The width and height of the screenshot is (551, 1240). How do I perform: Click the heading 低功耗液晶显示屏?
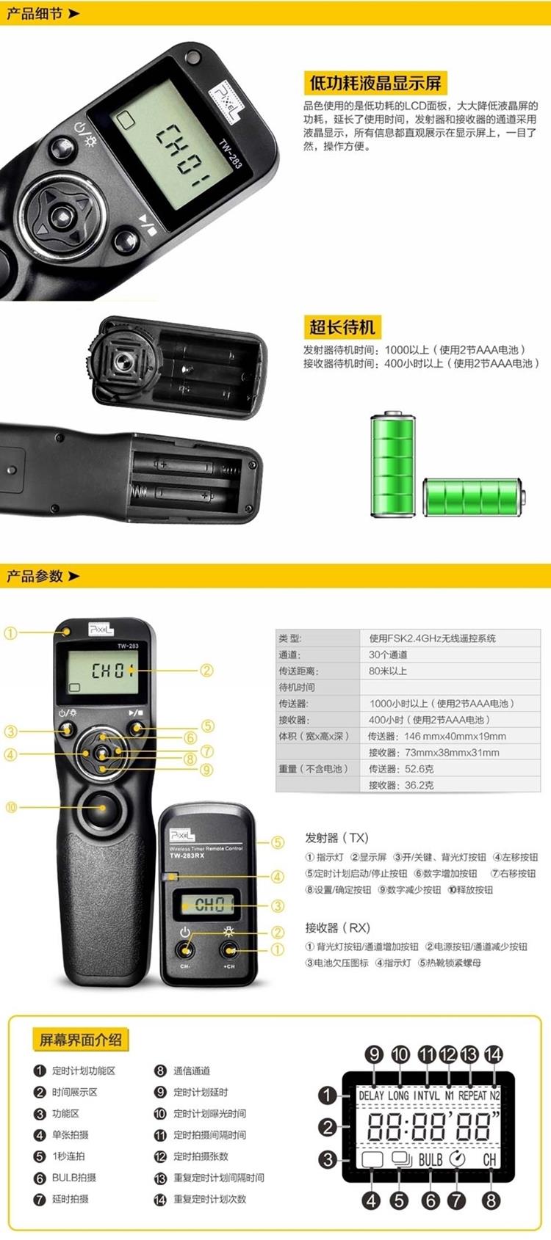[x=376, y=84]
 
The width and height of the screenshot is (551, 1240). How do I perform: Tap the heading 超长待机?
[x=342, y=327]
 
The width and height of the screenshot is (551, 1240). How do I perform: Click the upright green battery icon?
[x=392, y=464]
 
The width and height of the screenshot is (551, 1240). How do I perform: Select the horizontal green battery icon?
[x=474, y=497]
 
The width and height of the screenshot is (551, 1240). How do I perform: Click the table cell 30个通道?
[x=388, y=654]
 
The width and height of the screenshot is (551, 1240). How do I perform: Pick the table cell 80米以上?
[x=388, y=671]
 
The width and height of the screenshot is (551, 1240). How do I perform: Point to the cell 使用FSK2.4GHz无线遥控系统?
[x=433, y=638]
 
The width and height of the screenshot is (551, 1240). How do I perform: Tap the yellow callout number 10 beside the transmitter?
[x=11, y=807]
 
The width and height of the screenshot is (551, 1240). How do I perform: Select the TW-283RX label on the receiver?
[x=187, y=856]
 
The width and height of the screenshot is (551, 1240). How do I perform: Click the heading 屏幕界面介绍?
[x=80, y=1039]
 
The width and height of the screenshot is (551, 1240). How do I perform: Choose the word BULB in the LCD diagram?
[x=431, y=1159]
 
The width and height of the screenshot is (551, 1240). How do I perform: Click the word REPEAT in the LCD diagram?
[x=472, y=1095]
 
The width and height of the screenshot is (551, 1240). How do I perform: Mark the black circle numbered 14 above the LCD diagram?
[x=494, y=1054]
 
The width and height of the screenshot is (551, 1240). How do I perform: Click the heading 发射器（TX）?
[x=336, y=838]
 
